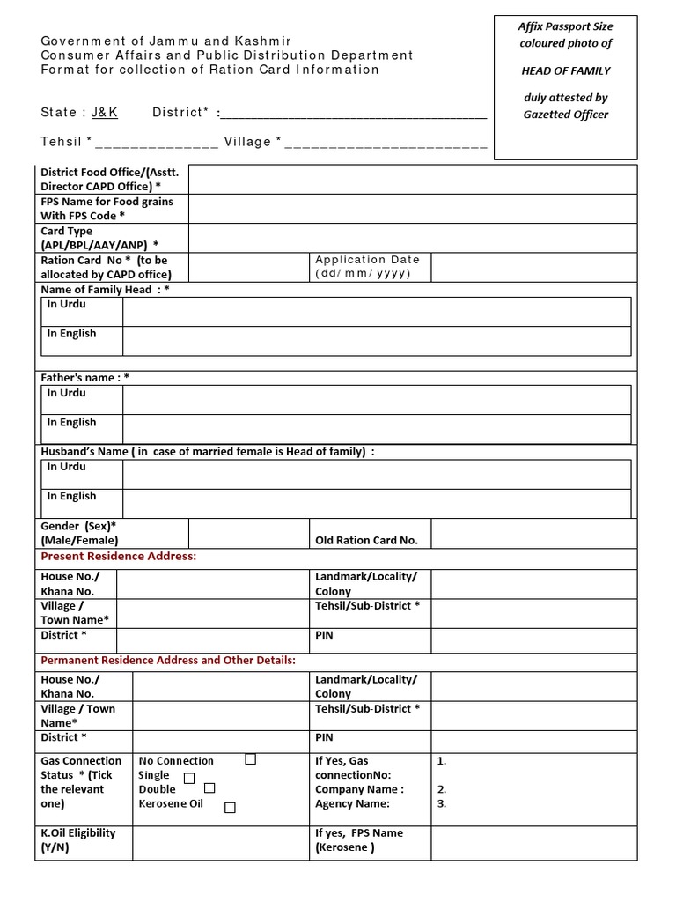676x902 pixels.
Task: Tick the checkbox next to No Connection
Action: tap(251, 759)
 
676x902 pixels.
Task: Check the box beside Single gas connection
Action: tap(189, 778)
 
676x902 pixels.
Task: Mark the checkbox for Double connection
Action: tap(209, 788)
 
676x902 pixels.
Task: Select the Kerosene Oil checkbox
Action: tap(230, 807)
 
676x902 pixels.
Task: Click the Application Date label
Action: tap(367, 266)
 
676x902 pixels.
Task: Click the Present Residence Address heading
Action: tap(119, 557)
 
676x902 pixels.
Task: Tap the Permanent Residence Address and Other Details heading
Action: tap(168, 660)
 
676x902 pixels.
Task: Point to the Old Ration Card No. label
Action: tap(366, 540)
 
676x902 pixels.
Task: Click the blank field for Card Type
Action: tap(412, 238)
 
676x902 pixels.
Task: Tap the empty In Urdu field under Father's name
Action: tap(376, 399)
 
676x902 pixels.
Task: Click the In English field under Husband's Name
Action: tap(376, 503)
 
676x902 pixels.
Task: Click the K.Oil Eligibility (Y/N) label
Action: tap(78, 839)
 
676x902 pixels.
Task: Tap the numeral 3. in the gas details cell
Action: tap(442, 803)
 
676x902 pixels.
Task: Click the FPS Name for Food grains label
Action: tap(107, 208)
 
